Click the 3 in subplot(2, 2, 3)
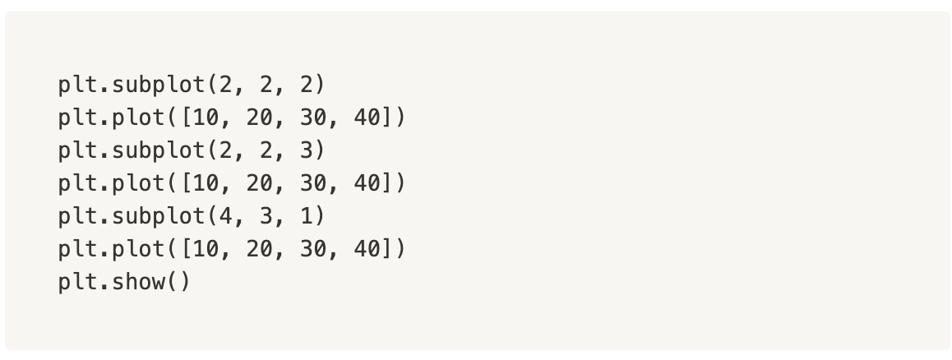307,150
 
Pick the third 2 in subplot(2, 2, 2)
307,85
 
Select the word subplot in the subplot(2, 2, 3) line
159,150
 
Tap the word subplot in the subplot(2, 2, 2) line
159,85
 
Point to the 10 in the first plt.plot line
206,118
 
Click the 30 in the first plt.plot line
313,118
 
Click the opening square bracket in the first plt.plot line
186,118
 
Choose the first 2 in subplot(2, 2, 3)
226,150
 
